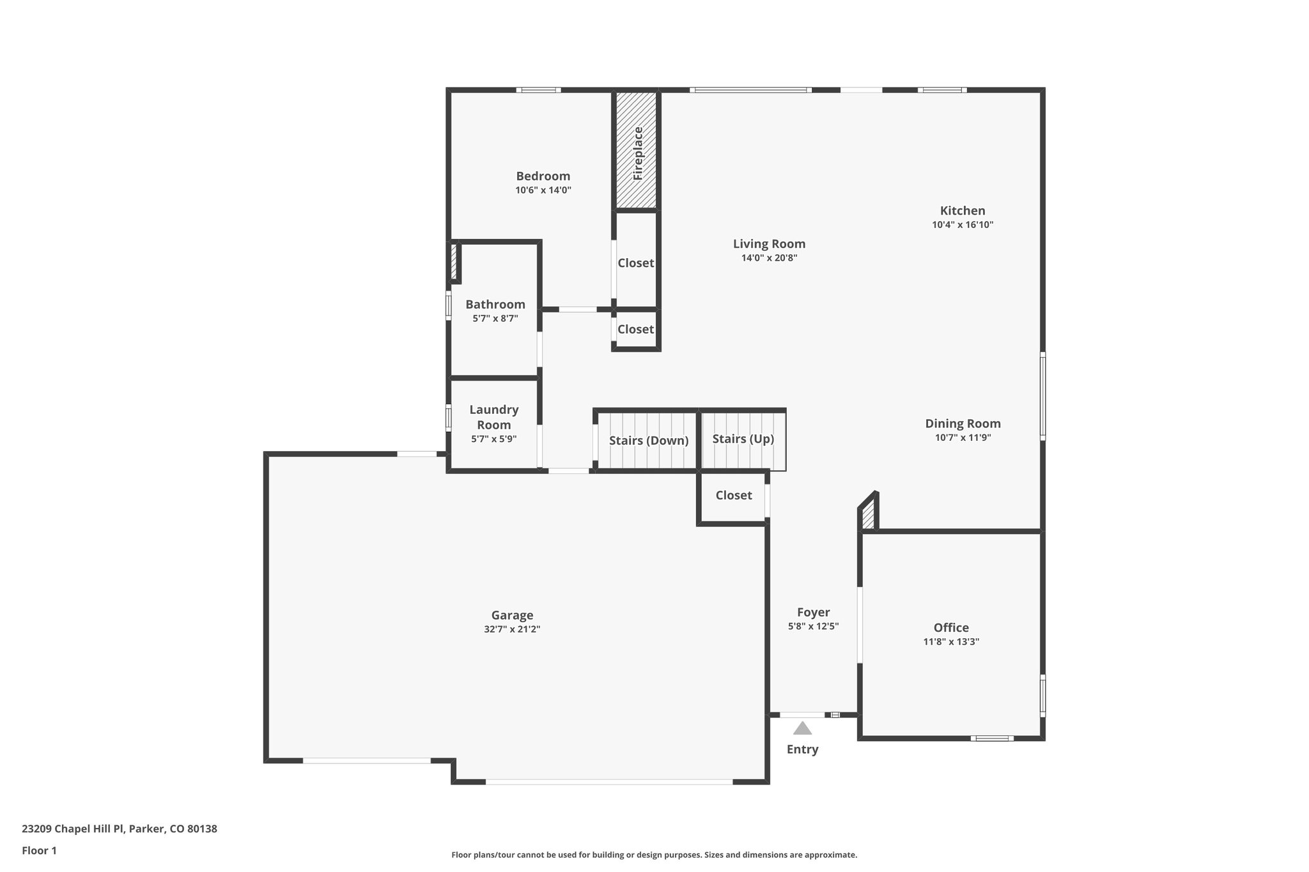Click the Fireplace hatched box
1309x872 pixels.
point(637,151)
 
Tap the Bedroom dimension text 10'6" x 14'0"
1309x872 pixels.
point(543,190)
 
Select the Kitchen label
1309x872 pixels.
point(962,211)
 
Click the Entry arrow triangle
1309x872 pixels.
point(802,728)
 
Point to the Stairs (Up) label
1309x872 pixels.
point(743,439)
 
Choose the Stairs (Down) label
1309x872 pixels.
point(648,441)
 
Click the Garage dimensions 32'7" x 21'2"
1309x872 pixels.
point(512,629)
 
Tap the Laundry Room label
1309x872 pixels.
point(493,417)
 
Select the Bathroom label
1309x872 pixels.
point(495,305)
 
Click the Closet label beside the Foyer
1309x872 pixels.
point(733,495)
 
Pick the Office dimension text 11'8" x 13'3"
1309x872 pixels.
point(951,642)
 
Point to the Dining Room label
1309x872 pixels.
point(963,424)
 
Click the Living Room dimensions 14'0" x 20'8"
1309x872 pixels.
point(769,258)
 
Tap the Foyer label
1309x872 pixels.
point(813,613)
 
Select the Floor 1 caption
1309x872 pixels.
point(39,850)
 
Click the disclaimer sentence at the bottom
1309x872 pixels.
point(654,855)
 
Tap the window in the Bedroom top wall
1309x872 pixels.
point(538,90)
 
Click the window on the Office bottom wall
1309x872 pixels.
point(991,738)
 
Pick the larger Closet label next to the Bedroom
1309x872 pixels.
point(635,263)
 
